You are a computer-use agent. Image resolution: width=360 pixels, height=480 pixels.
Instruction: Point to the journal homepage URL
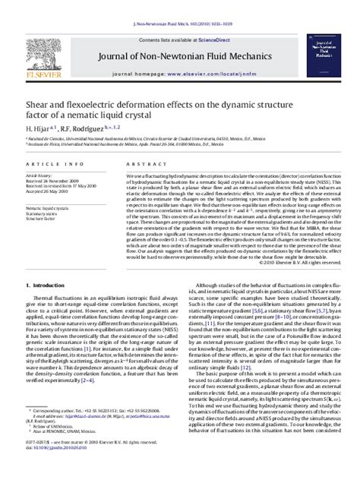pos(219,55)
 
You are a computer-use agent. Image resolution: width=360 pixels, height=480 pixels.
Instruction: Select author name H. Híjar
pos(34,108)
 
